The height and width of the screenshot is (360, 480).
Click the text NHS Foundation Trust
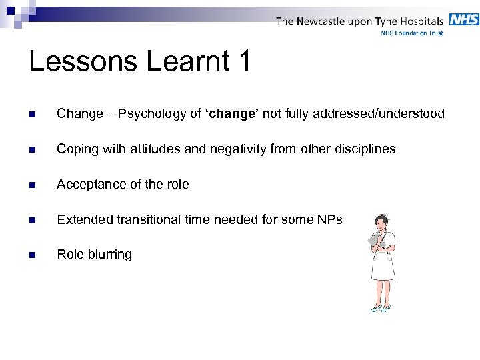click(411, 32)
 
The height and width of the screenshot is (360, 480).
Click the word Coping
click(75, 149)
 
